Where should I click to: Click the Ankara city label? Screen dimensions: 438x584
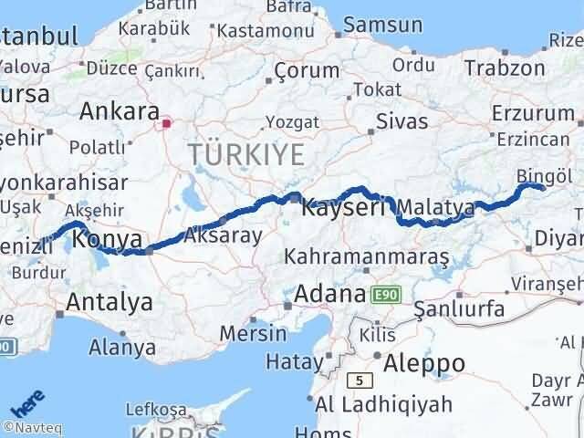click(x=120, y=112)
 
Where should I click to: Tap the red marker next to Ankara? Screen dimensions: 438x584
click(x=166, y=122)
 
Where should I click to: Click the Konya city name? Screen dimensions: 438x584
click(x=107, y=240)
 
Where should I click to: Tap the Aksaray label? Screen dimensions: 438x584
click(x=223, y=235)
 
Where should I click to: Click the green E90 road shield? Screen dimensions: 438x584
click(x=384, y=294)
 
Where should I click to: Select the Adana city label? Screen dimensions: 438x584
click(x=329, y=296)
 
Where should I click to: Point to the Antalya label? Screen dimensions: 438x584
click(x=109, y=301)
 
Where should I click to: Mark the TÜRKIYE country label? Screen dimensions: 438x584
click(x=245, y=154)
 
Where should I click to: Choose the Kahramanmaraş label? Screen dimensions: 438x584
click(x=367, y=257)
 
